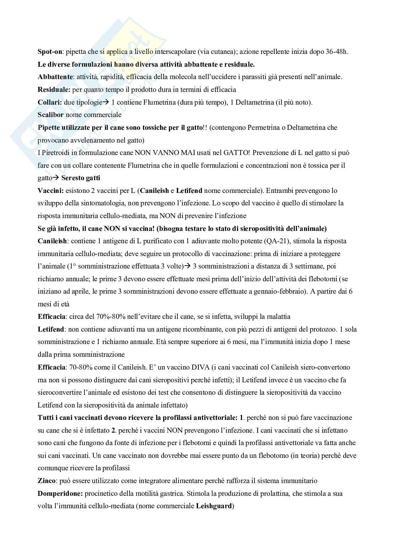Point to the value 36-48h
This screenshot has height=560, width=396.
click(337, 52)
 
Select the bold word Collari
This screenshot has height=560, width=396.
click(49, 102)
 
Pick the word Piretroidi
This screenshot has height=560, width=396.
click(58, 153)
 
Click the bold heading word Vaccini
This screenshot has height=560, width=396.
click(50, 190)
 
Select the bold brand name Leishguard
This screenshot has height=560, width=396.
click(214, 506)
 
